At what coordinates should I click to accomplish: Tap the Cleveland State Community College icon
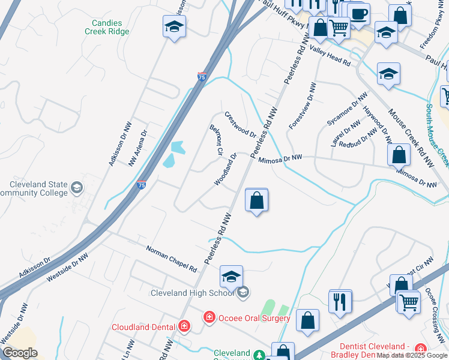click(x=76, y=188)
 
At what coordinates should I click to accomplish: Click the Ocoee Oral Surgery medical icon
click(x=209, y=316)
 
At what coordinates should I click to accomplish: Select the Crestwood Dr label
click(x=240, y=124)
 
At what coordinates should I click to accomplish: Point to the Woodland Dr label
click(x=226, y=169)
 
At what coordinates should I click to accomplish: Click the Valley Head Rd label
click(x=330, y=57)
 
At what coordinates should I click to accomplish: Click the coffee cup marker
click(x=359, y=14)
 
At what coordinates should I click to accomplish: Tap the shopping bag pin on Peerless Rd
click(x=257, y=201)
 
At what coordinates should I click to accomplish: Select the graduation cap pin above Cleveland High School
click(x=231, y=277)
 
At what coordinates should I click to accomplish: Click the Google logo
click(x=20, y=353)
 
